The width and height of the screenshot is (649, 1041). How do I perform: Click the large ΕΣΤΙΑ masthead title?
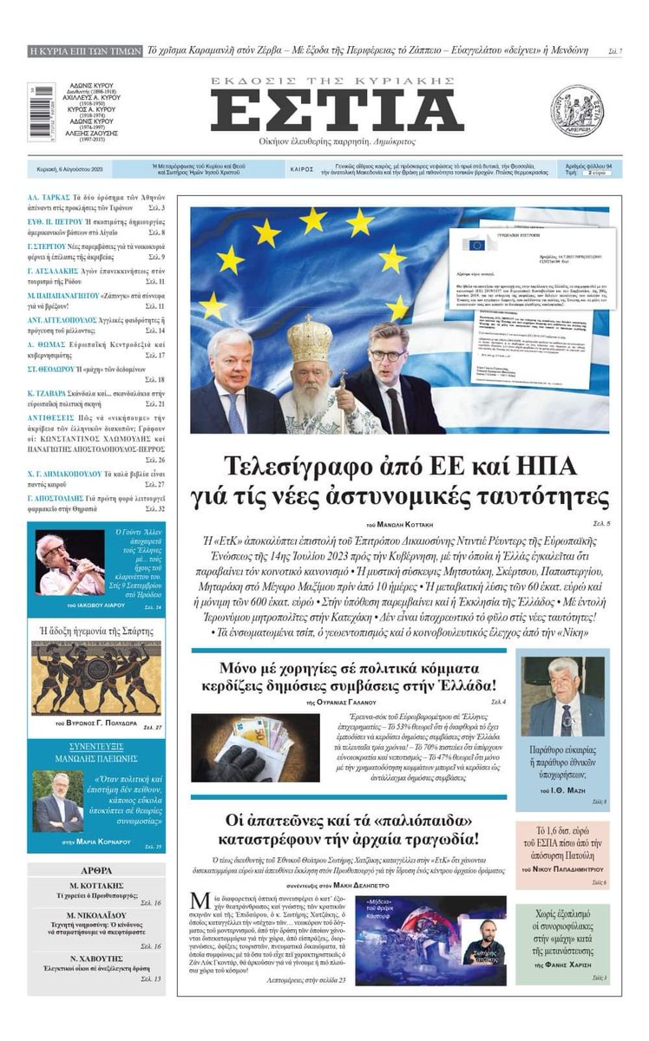coord(338,111)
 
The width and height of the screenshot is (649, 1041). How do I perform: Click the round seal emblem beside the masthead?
coord(577,111)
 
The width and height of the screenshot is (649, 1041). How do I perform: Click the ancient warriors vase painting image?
coord(95,678)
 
